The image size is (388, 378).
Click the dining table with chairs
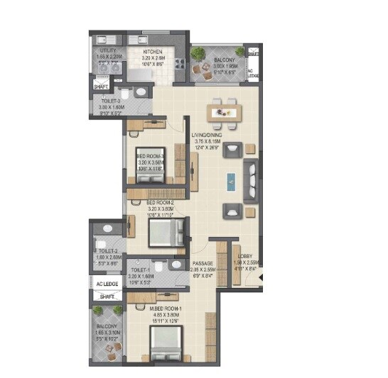point(223,111)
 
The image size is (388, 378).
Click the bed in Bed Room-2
point(164,233)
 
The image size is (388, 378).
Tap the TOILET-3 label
point(109,101)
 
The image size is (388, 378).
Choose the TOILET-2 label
point(108,250)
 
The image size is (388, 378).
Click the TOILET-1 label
point(140,269)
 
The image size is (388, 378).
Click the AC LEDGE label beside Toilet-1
point(108,284)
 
